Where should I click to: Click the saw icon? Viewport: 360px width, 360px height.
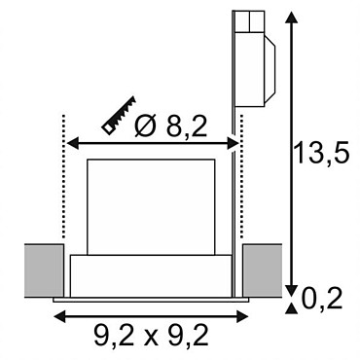[x=119, y=115]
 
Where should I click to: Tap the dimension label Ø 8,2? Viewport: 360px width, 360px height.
[x=171, y=126]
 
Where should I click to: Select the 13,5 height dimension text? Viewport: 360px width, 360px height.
[x=321, y=152]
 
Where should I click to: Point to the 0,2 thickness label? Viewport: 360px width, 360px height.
[x=322, y=299]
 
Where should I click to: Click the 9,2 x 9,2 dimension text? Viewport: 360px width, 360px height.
[x=151, y=335]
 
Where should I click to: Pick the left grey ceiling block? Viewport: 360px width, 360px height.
[x=44, y=270]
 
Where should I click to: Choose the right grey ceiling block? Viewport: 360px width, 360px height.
[x=263, y=270]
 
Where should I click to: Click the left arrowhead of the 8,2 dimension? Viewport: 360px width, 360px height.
[x=73, y=143]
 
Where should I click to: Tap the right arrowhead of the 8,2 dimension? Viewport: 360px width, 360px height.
[x=233, y=143]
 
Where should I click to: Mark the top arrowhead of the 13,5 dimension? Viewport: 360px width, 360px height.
[x=291, y=17]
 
